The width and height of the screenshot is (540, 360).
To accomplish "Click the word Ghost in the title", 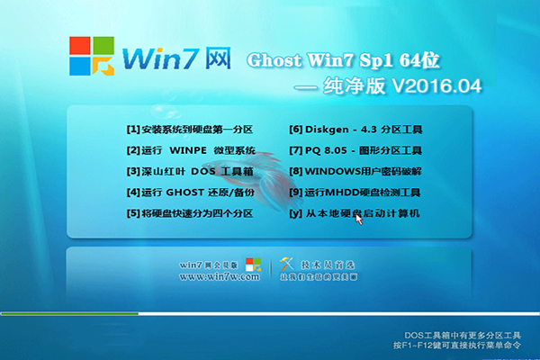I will pyautogui.click(x=274, y=60).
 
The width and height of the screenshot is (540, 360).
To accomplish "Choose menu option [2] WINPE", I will pyautogui.click(x=191, y=150).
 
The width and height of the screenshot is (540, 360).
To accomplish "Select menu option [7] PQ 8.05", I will pyautogui.click(x=353, y=150).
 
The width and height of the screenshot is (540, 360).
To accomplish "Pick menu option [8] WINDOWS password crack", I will pyautogui.click(x=355, y=171).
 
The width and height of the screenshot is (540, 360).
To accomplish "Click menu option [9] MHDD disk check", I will pyautogui.click(x=355, y=193).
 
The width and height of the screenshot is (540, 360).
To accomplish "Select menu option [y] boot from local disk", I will pyautogui.click(x=355, y=214).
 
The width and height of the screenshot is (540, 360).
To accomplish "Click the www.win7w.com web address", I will pyautogui.click(x=220, y=278).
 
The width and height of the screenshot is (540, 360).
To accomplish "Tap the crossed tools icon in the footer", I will pyautogui.click(x=288, y=265).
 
